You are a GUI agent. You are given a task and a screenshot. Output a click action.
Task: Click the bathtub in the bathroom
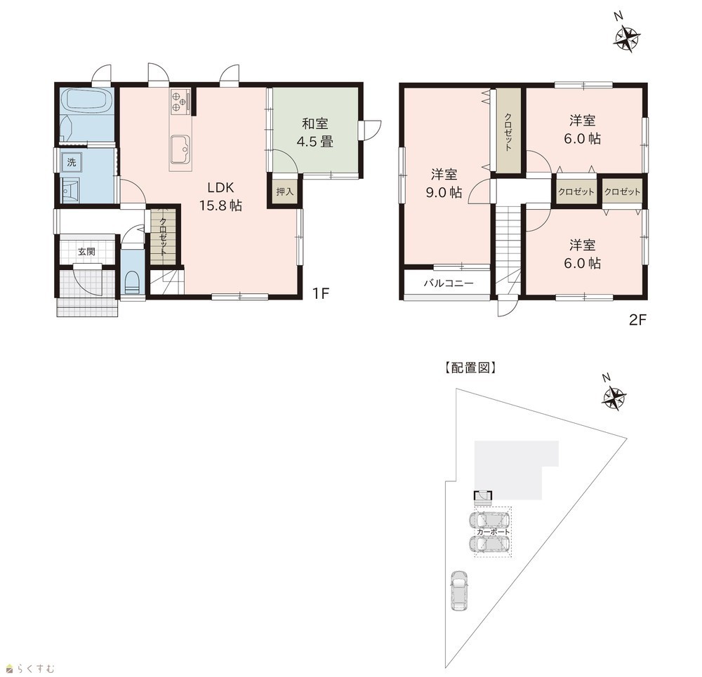click(86, 101)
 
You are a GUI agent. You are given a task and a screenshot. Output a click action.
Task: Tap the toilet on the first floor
click(133, 282)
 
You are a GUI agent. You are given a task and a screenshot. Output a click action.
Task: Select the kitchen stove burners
click(180, 101)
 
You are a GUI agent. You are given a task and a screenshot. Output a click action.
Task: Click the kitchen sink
click(180, 147)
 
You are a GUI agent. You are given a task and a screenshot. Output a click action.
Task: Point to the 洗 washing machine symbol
click(72, 162)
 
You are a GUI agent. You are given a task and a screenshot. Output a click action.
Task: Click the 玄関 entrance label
click(86, 251)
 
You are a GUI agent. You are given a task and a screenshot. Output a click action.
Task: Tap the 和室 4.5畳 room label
click(314, 133)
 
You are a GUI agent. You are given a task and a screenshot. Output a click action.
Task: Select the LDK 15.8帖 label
click(220, 196)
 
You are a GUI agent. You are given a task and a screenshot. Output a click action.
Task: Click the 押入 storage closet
click(285, 192)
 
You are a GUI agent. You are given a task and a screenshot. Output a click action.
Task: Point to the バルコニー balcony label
click(448, 283)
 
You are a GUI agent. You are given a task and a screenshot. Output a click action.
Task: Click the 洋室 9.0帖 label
click(444, 183)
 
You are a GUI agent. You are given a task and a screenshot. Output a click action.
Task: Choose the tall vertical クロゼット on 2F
click(508, 130)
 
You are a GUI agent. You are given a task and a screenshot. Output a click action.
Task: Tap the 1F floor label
click(321, 293)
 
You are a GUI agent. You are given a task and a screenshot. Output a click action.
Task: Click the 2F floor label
click(637, 320)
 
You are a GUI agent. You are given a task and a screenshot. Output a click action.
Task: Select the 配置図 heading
click(470, 368)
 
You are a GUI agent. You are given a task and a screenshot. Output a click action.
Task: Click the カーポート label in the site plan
click(493, 532)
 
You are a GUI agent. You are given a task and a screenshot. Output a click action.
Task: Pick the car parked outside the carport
click(459, 590)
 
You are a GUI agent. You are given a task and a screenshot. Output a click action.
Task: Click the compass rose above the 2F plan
click(626, 37)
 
